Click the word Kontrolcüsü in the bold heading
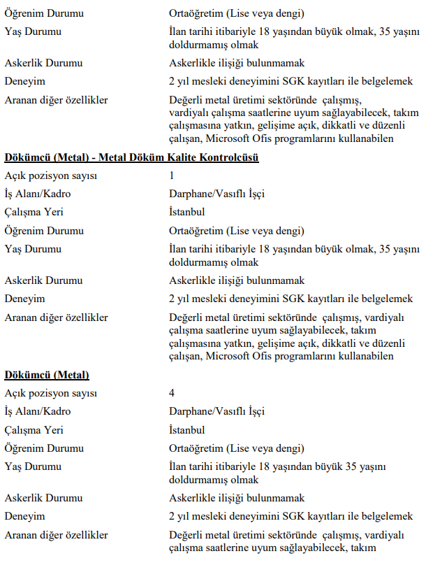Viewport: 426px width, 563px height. coord(224,158)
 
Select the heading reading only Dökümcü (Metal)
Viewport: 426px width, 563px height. coord(46,376)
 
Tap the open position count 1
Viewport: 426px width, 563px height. coord(172,176)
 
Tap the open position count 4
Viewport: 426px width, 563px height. coord(172,394)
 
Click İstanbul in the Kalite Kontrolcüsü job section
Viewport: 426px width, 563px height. coord(186,212)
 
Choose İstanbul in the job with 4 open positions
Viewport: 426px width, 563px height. coord(186,430)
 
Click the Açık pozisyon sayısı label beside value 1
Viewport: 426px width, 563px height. coord(51,176)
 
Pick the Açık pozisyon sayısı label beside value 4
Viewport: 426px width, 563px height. coord(51,394)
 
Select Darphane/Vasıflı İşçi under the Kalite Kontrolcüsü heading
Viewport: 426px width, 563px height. coord(216,194)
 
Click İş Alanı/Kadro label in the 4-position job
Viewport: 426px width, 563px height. coord(38,412)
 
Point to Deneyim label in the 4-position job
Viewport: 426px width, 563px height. coord(24,517)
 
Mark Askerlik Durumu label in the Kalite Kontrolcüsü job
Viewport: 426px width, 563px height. coord(43,280)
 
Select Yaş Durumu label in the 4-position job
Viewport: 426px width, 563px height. coord(33,466)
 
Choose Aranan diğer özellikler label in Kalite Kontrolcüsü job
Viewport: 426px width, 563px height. coord(56,317)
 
